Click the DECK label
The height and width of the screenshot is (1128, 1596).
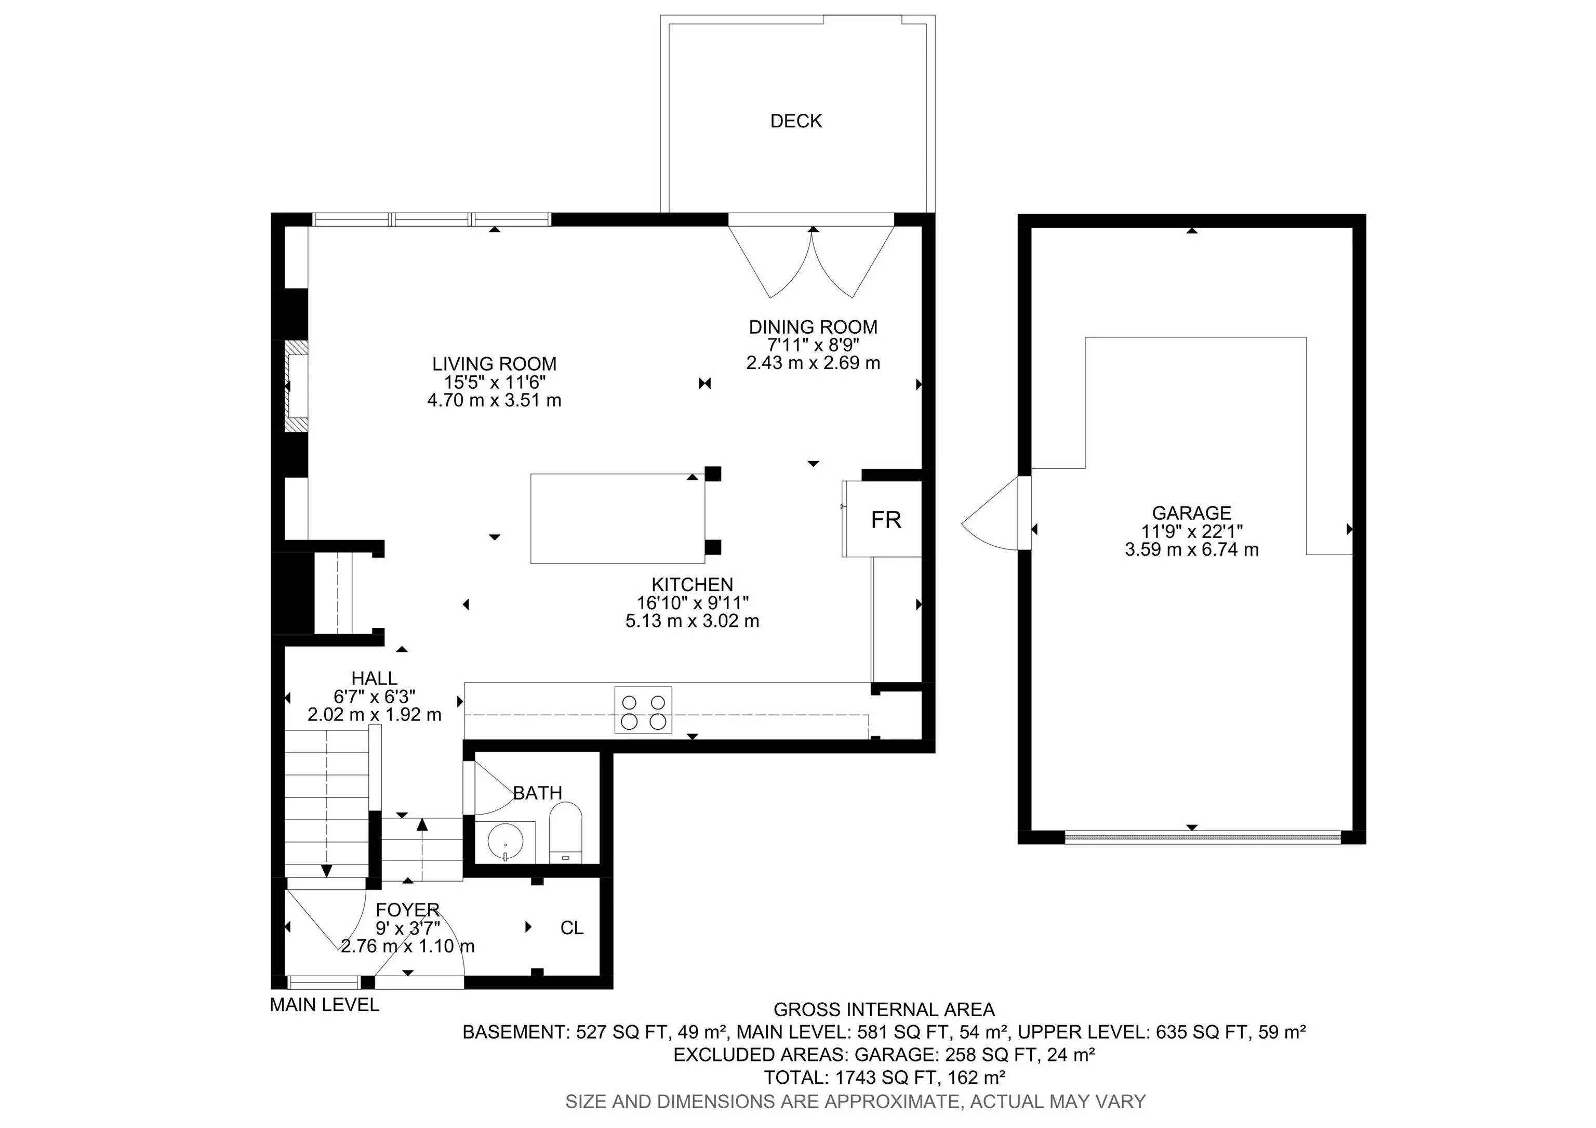pos(796,121)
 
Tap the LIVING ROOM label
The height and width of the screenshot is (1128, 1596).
pos(494,364)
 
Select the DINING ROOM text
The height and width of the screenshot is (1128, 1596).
pos(813,327)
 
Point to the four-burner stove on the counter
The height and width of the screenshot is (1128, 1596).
pos(643,710)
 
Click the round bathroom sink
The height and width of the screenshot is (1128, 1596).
pos(506,842)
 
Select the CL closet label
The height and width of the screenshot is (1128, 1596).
pos(571,928)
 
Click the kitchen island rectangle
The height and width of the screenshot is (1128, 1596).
pos(617,519)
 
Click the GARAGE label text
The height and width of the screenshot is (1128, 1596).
pos(1191,513)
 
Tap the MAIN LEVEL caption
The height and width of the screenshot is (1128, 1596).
pos(325,1005)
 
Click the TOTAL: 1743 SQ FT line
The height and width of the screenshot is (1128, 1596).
pos(884,1077)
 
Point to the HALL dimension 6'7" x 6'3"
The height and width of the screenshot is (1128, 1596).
pos(374,696)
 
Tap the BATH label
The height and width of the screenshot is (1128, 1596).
pos(537,793)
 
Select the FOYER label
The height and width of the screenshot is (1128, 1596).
pos(407,910)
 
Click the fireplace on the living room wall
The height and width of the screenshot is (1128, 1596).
pos(296,387)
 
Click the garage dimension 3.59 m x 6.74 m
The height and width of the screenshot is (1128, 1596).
pos(1191,549)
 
